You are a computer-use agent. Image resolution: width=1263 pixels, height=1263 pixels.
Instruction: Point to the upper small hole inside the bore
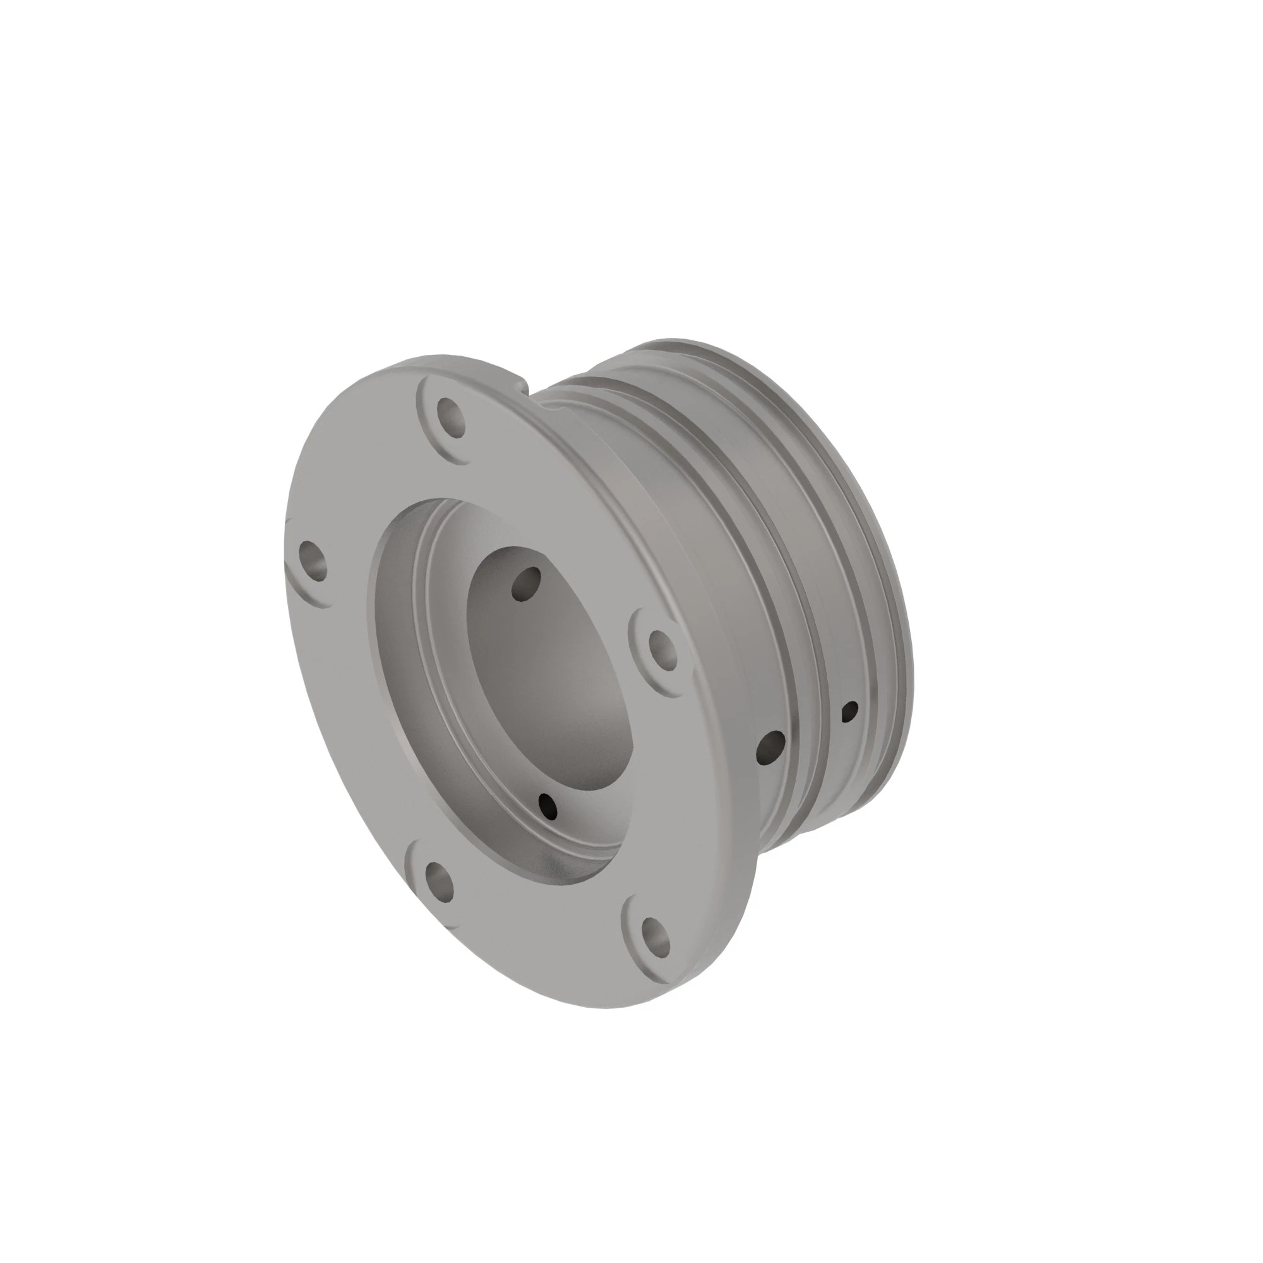click(527, 584)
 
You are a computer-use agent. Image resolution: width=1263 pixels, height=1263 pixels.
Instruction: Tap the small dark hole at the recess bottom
click(548, 805)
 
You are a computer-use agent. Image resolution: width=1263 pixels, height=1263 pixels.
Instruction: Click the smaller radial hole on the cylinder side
click(850, 711)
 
